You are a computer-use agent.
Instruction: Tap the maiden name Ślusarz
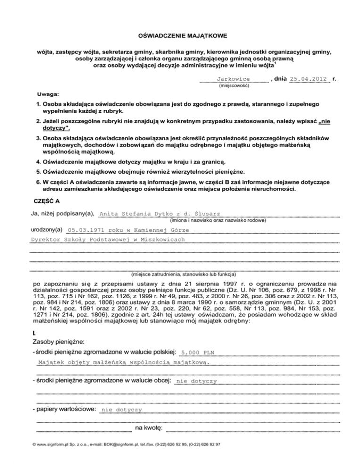coord(211,214)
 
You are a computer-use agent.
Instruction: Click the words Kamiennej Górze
coord(162,230)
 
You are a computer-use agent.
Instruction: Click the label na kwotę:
coord(149,428)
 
